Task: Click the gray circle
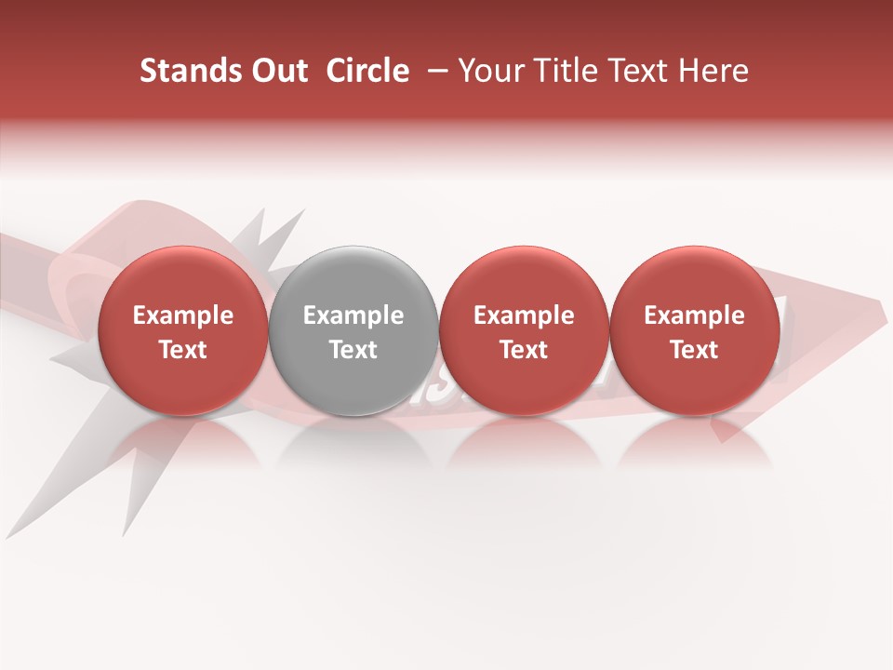pyautogui.click(x=353, y=330)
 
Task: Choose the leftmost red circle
pyautogui.click(x=182, y=330)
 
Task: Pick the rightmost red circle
pyautogui.click(x=694, y=330)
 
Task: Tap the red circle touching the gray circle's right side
pyautogui.click(x=524, y=330)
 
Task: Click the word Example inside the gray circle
pyautogui.click(x=353, y=315)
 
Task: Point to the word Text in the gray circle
pyautogui.click(x=353, y=350)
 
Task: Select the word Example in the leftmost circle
pyautogui.click(x=182, y=315)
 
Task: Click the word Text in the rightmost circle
pyautogui.click(x=694, y=350)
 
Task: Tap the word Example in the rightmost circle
pyautogui.click(x=694, y=315)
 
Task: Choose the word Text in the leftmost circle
pyautogui.click(x=182, y=350)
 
